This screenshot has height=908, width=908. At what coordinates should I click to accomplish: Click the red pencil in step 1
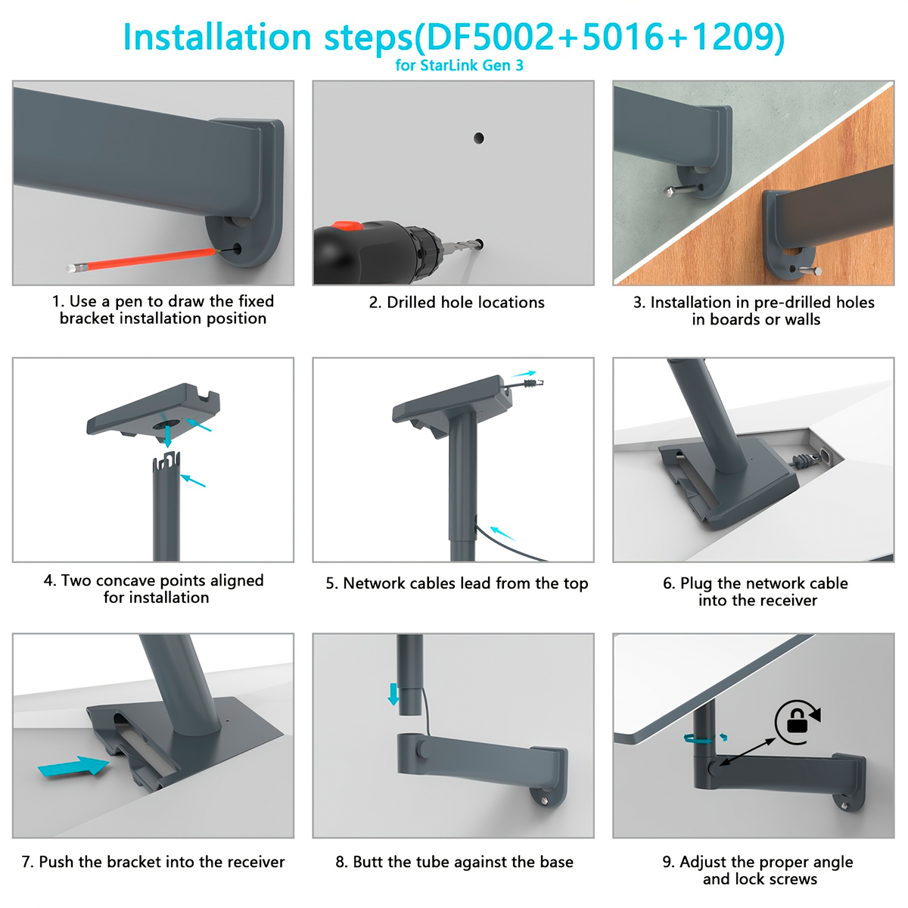point(143,260)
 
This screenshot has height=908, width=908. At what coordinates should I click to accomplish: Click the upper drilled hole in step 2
point(479,138)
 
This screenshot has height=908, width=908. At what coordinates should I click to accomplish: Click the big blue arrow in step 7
point(73,767)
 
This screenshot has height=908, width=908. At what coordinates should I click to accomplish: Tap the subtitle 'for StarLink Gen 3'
point(459,65)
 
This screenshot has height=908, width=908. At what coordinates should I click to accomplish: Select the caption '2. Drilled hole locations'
point(456,302)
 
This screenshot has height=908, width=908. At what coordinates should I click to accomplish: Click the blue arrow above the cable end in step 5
point(524,374)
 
